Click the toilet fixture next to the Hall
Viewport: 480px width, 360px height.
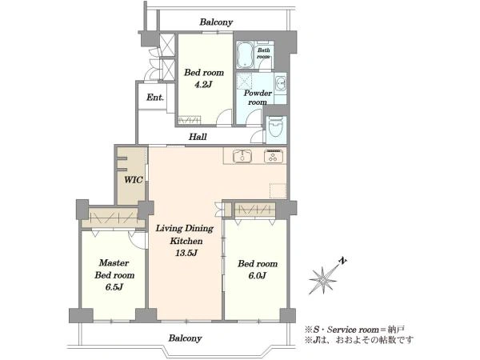(277, 126)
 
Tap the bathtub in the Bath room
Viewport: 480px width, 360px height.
(244, 55)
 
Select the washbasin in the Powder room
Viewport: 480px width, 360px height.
(281, 82)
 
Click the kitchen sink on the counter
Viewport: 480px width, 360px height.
(242, 157)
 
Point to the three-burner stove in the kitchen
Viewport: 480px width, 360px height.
(274, 156)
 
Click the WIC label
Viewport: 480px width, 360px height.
(134, 180)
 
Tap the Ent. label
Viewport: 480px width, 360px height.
(155, 98)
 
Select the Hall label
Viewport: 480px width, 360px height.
(198, 137)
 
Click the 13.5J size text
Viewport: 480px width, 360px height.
(186, 253)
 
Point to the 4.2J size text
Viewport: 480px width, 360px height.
(203, 84)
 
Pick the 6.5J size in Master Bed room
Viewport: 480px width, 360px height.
(114, 287)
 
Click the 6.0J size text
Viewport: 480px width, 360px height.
(257, 275)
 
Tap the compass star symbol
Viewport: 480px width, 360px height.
(323, 280)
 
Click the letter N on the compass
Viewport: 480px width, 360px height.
(343, 261)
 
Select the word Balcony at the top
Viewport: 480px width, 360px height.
(216, 22)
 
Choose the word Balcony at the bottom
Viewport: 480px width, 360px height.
(186, 338)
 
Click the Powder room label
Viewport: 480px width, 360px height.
(258, 98)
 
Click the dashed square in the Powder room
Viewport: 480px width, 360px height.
(244, 81)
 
